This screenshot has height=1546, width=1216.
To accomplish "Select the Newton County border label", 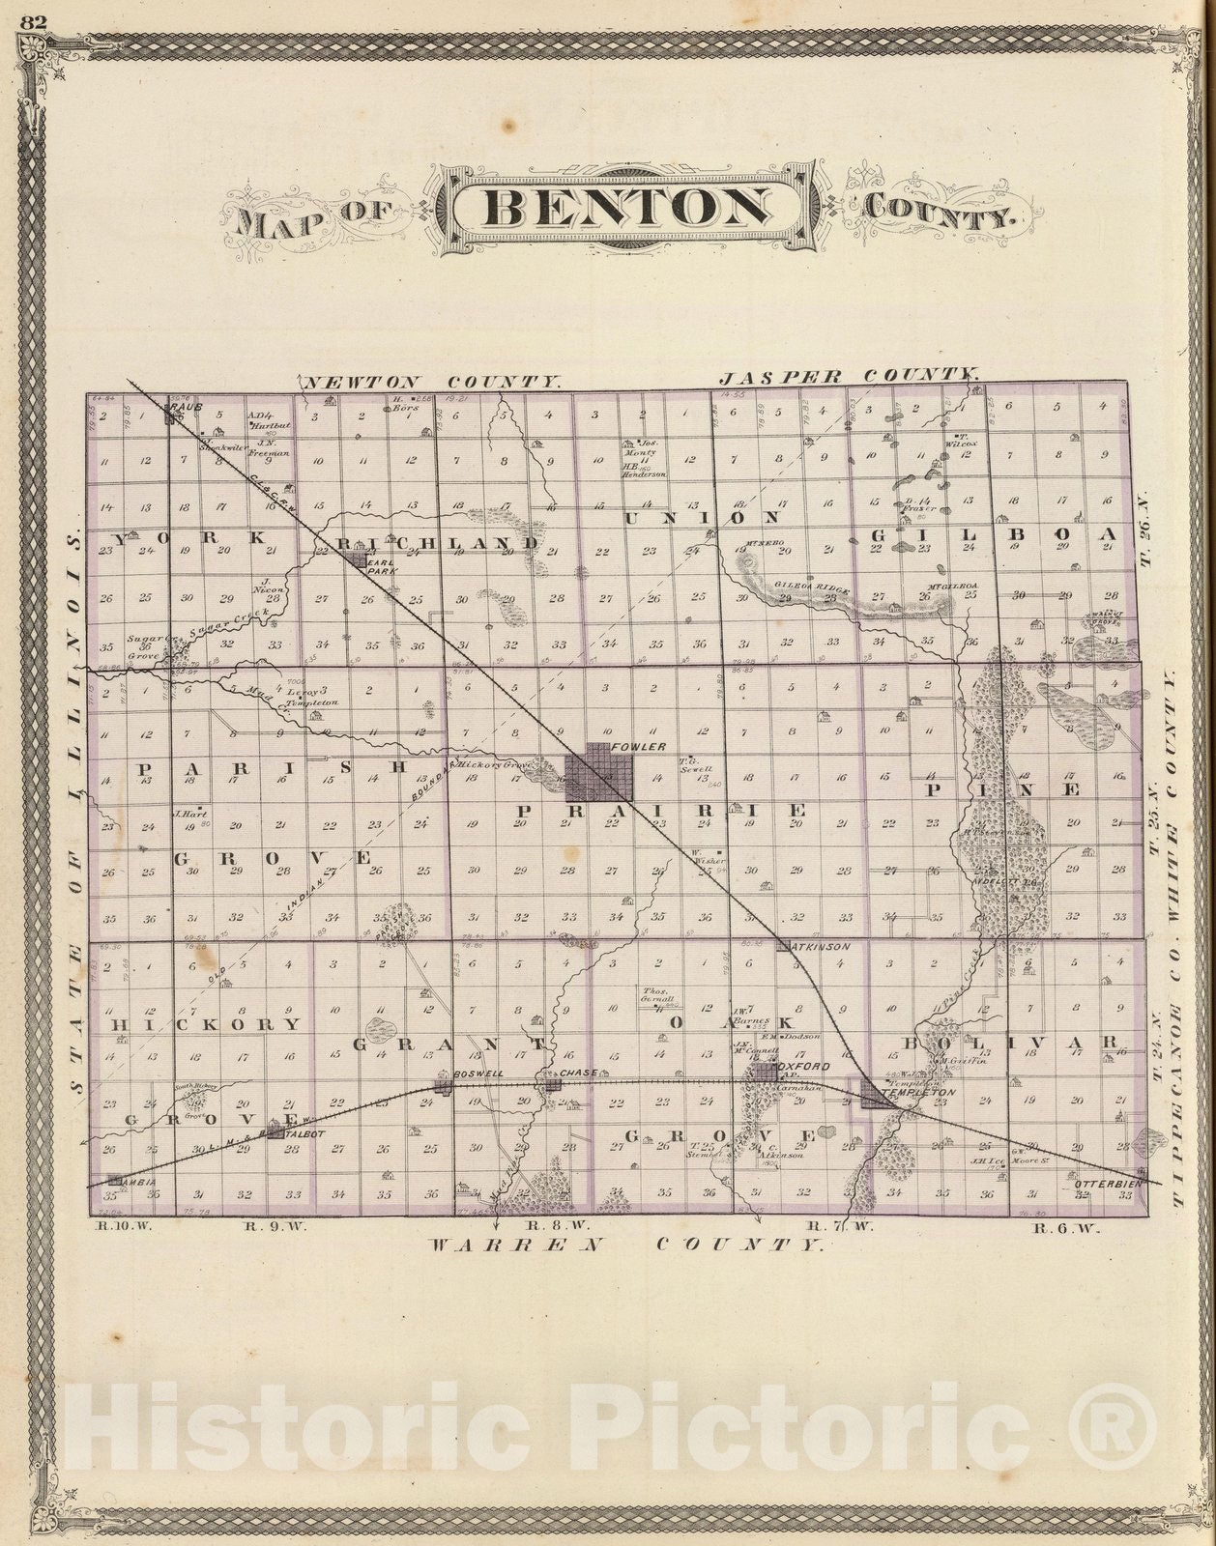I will pos(431,383).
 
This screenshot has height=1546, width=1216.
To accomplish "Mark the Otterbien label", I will pos(1108,1183).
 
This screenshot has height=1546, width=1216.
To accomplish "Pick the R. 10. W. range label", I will pos(108,1228).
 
